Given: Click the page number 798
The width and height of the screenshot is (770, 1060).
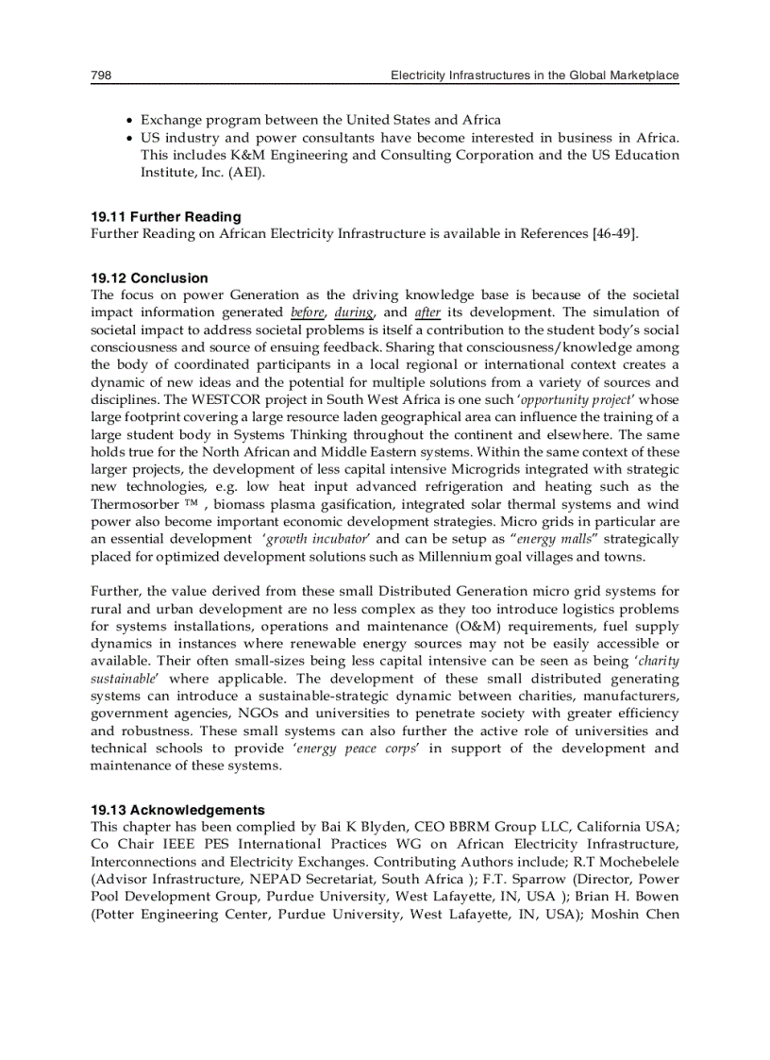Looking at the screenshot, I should [x=101, y=76].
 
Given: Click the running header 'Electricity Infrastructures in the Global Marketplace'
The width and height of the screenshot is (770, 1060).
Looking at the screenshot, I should [x=534, y=76].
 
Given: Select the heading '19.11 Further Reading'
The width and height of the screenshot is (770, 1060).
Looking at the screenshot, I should [x=165, y=217].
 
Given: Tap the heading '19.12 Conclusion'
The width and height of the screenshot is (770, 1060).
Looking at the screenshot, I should [x=149, y=278].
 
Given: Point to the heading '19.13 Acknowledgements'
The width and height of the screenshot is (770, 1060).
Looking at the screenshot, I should [x=177, y=810].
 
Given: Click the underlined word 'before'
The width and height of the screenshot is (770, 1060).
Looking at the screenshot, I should [x=308, y=312].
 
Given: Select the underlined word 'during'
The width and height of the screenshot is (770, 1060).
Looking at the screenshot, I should [x=354, y=312].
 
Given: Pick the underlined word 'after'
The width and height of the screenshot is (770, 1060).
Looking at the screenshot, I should [x=427, y=312].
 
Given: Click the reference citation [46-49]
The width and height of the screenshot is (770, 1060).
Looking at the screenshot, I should [x=615, y=234].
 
